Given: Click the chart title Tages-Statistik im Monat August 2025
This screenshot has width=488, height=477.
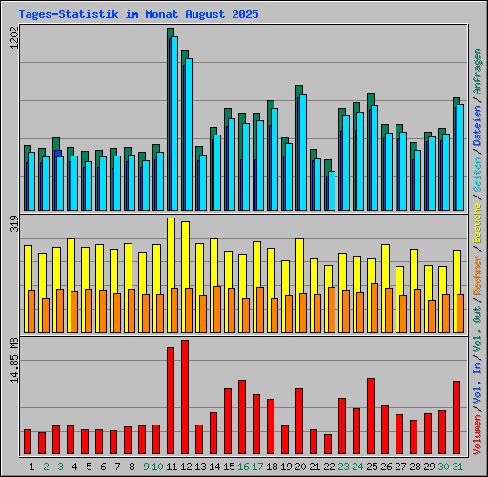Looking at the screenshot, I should point(138,15).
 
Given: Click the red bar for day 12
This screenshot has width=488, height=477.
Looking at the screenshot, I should point(185,398).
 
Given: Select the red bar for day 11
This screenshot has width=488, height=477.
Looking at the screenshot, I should point(171,402).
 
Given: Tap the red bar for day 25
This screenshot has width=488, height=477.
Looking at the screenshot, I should point(371,417).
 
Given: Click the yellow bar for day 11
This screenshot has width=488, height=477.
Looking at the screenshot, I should point(171,253).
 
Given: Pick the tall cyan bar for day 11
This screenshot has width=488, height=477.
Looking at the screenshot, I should point(173,124).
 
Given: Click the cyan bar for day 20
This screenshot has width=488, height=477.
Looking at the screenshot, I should point(302,153).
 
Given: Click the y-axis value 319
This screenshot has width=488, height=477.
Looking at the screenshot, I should point(13,226).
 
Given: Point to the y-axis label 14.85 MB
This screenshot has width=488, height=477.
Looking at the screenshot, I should point(13,361).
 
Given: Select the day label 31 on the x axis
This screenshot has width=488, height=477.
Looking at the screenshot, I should point(457,467).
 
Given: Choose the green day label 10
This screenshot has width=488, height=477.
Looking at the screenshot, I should point(156,467).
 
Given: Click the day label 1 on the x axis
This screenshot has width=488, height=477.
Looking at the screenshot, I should point(32,467).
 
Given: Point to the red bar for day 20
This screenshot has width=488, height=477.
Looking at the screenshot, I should point(299,422).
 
